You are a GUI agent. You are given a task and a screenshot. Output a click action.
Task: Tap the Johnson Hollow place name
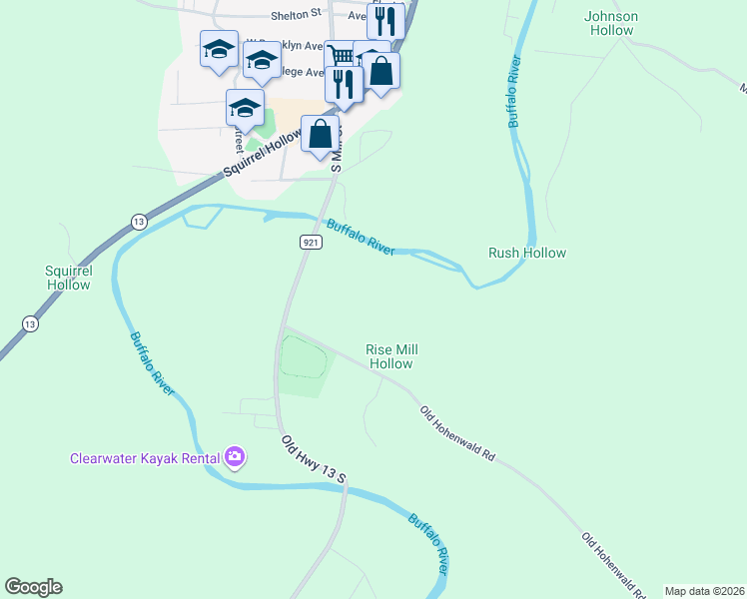coord(610,23)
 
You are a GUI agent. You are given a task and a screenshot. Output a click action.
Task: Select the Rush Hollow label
coord(526,253)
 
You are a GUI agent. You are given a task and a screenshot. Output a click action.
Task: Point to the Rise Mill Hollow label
coord(390,356)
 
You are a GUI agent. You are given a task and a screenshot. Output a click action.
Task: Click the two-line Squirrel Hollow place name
coord(68,278)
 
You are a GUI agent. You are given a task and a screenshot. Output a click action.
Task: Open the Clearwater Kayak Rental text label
coord(145,459)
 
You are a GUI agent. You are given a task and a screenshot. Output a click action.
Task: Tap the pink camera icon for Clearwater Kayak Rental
coord(236,458)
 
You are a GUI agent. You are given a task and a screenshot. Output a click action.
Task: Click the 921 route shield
coord(311,243)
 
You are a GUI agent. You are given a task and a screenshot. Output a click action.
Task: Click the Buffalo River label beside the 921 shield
coord(361,238)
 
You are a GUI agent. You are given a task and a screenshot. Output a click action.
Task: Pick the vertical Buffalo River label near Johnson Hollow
coord(514,93)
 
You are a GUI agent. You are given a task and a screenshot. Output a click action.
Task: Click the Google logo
coord(33,587)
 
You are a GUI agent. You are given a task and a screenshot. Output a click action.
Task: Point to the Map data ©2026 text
coord(704,591)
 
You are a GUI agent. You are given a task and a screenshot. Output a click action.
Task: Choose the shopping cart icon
coord(342,55)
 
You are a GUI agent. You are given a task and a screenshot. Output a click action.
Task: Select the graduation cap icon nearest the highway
coord(245,109)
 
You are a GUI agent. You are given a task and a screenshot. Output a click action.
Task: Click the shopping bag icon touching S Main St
coord(320,134)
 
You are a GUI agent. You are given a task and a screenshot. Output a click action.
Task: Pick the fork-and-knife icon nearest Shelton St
coord(384,22)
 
